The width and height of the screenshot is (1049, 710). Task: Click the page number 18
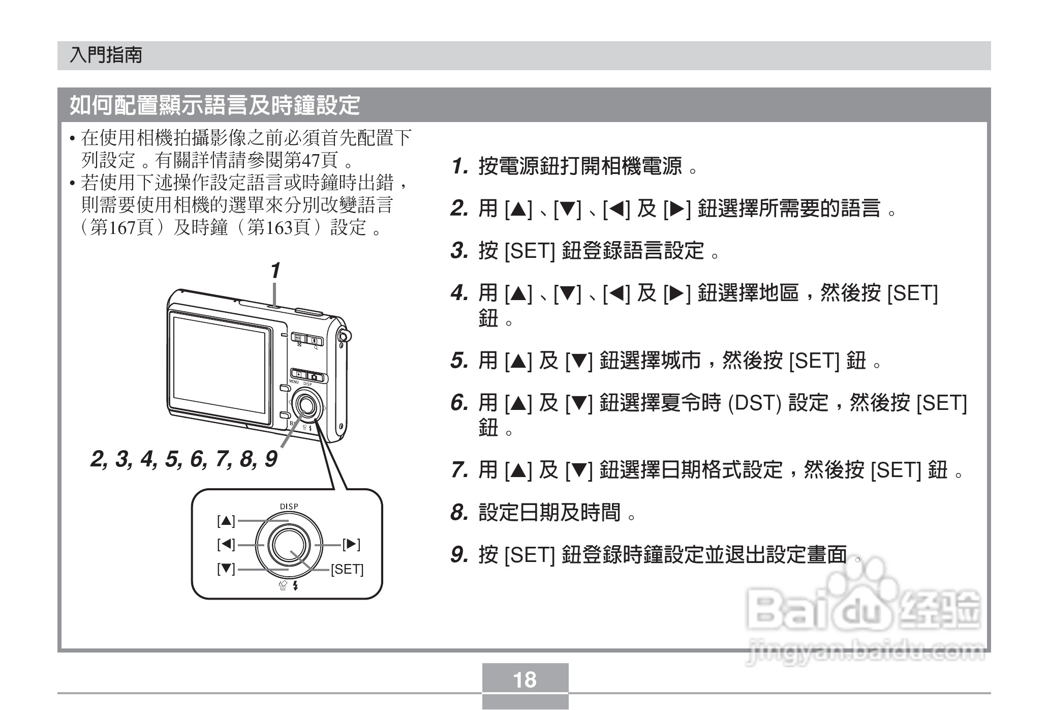pyautogui.click(x=524, y=679)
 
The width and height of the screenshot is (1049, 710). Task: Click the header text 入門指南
pyautogui.click(x=106, y=55)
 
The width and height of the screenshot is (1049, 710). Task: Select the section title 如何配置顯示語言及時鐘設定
pyautogui.click(x=214, y=105)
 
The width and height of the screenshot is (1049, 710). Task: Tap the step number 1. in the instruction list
pyautogui.click(x=459, y=166)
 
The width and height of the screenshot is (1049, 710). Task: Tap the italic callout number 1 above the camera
pyautogui.click(x=275, y=271)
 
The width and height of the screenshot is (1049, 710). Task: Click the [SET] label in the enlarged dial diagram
pyautogui.click(x=347, y=570)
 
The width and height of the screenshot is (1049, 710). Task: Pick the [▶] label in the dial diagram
pyautogui.click(x=351, y=545)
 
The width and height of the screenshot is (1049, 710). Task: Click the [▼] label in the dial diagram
pyautogui.click(x=226, y=569)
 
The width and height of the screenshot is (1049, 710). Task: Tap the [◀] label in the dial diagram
pyautogui.click(x=226, y=545)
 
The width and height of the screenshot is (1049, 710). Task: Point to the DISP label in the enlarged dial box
pyautogui.click(x=289, y=507)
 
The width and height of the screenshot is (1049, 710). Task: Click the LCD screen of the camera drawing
pyautogui.click(x=219, y=365)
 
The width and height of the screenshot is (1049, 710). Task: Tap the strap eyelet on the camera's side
pyautogui.click(x=345, y=336)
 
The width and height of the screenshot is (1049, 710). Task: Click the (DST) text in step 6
pyautogui.click(x=754, y=403)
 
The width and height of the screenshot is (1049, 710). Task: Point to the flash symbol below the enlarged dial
pyautogui.click(x=295, y=586)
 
